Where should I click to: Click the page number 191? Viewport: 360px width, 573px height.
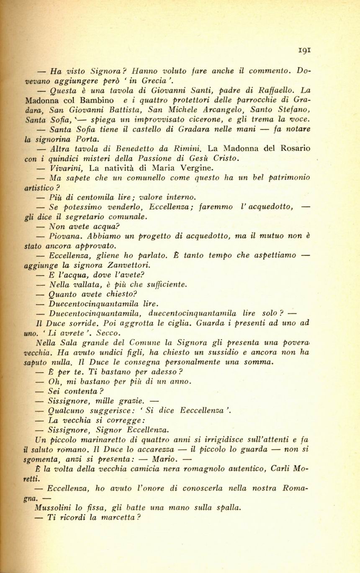(x=304, y=49)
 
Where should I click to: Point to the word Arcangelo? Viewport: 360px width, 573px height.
(x=225, y=110)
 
